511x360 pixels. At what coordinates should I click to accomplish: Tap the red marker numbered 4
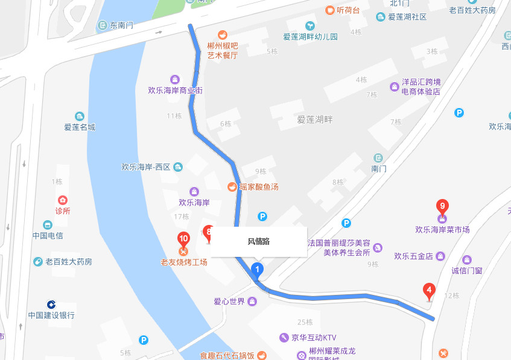click(429, 291)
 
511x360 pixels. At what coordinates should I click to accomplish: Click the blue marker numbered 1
click(258, 269)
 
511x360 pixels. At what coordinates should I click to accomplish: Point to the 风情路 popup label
click(259, 242)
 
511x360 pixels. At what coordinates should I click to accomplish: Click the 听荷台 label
click(348, 10)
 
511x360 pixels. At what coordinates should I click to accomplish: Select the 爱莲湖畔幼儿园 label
click(310, 37)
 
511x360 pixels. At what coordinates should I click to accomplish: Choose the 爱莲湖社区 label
click(407, 17)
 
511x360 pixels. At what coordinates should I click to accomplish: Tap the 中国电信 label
click(48, 236)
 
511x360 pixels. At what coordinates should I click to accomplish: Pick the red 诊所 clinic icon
click(62, 200)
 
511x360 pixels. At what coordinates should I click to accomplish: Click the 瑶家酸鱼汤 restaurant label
click(259, 187)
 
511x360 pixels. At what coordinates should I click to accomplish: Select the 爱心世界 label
click(229, 302)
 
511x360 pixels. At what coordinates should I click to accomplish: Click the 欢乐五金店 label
click(413, 256)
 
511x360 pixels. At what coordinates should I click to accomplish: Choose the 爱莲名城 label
click(80, 127)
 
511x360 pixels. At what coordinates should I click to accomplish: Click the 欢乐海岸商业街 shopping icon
click(175, 79)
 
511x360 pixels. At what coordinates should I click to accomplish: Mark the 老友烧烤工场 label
click(183, 262)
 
